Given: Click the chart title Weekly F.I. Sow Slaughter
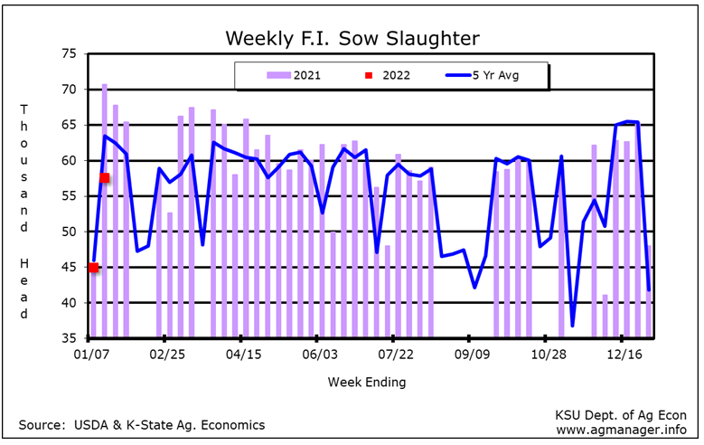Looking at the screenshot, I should click(x=352, y=38).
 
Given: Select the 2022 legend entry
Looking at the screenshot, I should click(x=385, y=75).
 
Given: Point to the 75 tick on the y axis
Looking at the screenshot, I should click(x=70, y=53).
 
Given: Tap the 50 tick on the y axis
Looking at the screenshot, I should click(x=70, y=232).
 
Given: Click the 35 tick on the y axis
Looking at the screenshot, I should click(x=70, y=338).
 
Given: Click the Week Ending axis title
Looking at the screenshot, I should click(x=367, y=382).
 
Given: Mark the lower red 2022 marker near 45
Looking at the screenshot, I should click(x=93, y=267).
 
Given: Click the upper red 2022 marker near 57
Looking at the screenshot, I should click(x=105, y=178).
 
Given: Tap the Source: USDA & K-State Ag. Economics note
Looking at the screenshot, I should click(x=142, y=424).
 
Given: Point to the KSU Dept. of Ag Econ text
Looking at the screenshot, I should click(x=621, y=414).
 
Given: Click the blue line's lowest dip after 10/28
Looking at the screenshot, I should click(x=572, y=326).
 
